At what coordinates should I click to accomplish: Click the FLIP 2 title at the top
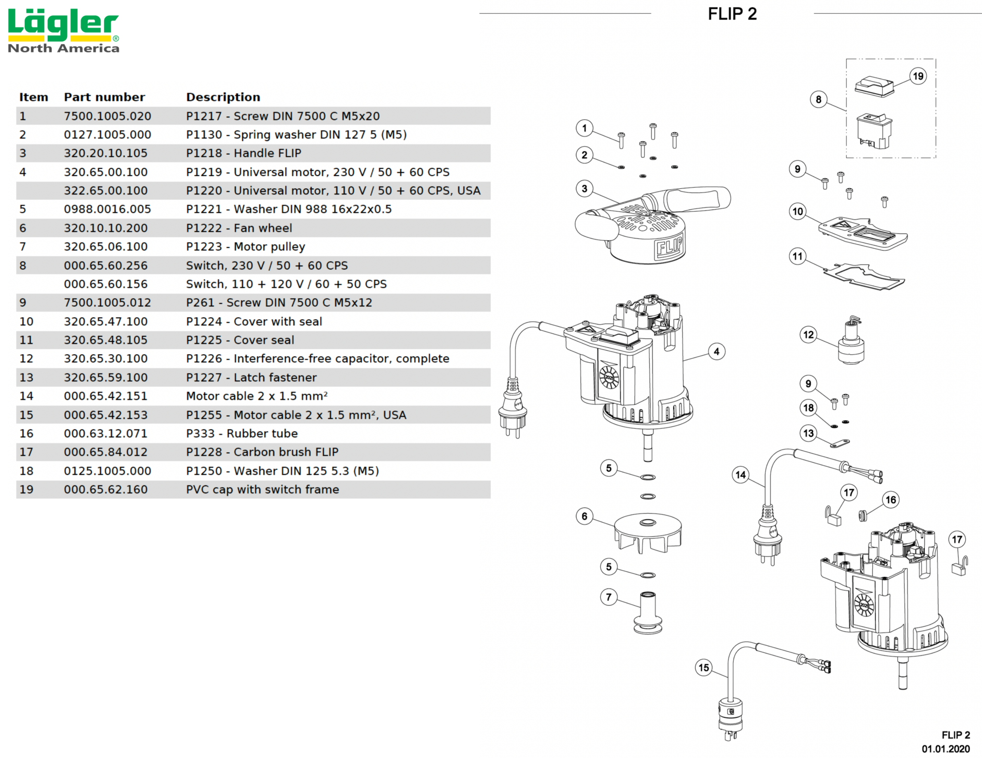tap(732, 14)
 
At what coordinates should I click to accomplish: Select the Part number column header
tap(104, 97)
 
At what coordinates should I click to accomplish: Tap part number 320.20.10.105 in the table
tap(105, 153)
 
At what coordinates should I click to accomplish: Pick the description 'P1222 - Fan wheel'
tap(239, 228)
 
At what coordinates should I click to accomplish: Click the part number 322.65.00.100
tap(105, 191)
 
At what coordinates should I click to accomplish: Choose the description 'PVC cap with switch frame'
tap(262, 490)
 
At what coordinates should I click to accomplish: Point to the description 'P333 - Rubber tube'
tap(242, 434)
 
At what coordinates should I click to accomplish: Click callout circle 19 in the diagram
tap(918, 76)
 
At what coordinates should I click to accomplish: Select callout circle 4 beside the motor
tap(716, 352)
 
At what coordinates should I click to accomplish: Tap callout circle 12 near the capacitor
tap(808, 334)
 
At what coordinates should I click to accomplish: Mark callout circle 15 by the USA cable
tap(703, 667)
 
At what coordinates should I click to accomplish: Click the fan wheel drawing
tap(648, 532)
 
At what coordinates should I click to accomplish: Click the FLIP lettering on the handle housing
tap(669, 247)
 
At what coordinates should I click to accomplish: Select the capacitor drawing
tap(851, 343)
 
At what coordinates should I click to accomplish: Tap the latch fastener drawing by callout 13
tap(840, 444)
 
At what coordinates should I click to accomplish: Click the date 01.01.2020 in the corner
tap(945, 749)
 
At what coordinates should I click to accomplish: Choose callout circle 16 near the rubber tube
tap(890, 500)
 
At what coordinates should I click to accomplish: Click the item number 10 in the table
tap(26, 322)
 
